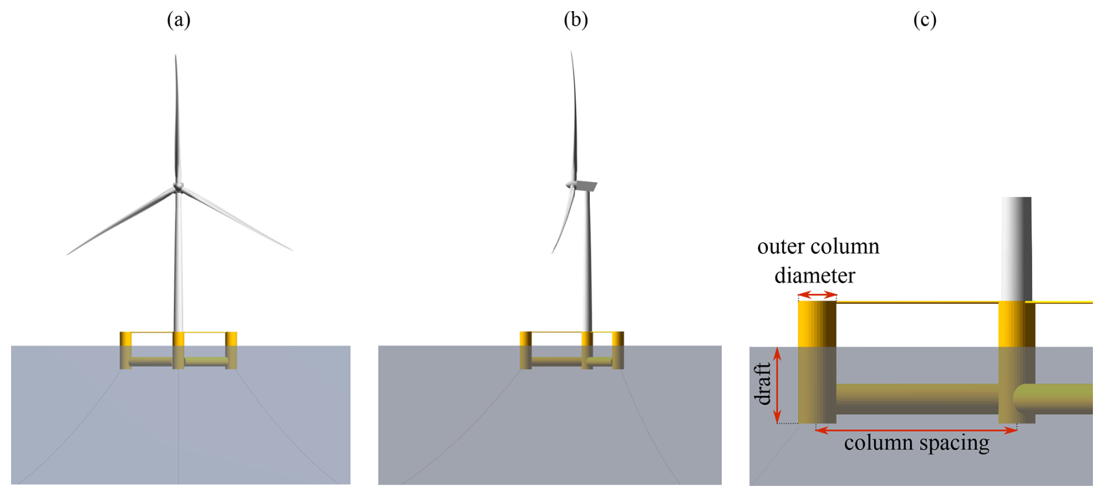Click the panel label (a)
[x=179, y=20]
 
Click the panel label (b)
[x=575, y=20]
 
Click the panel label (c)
[x=925, y=20]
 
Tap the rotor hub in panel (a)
[x=178, y=187]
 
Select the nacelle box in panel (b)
[x=585, y=185]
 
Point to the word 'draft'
[x=763, y=384]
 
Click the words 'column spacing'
[x=916, y=443]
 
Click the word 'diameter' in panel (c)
[x=815, y=275]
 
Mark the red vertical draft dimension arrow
[x=777, y=385]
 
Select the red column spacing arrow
[x=916, y=430]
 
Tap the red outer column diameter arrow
[x=817, y=295]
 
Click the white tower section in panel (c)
[x=1016, y=248]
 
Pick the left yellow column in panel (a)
[x=125, y=350]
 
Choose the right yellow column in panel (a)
[x=231, y=350]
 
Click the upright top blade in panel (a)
[x=176, y=117]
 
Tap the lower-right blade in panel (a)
[x=236, y=220]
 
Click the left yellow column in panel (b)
[x=525, y=350]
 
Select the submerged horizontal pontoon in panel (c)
[x=916, y=398]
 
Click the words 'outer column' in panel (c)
[x=818, y=246]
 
